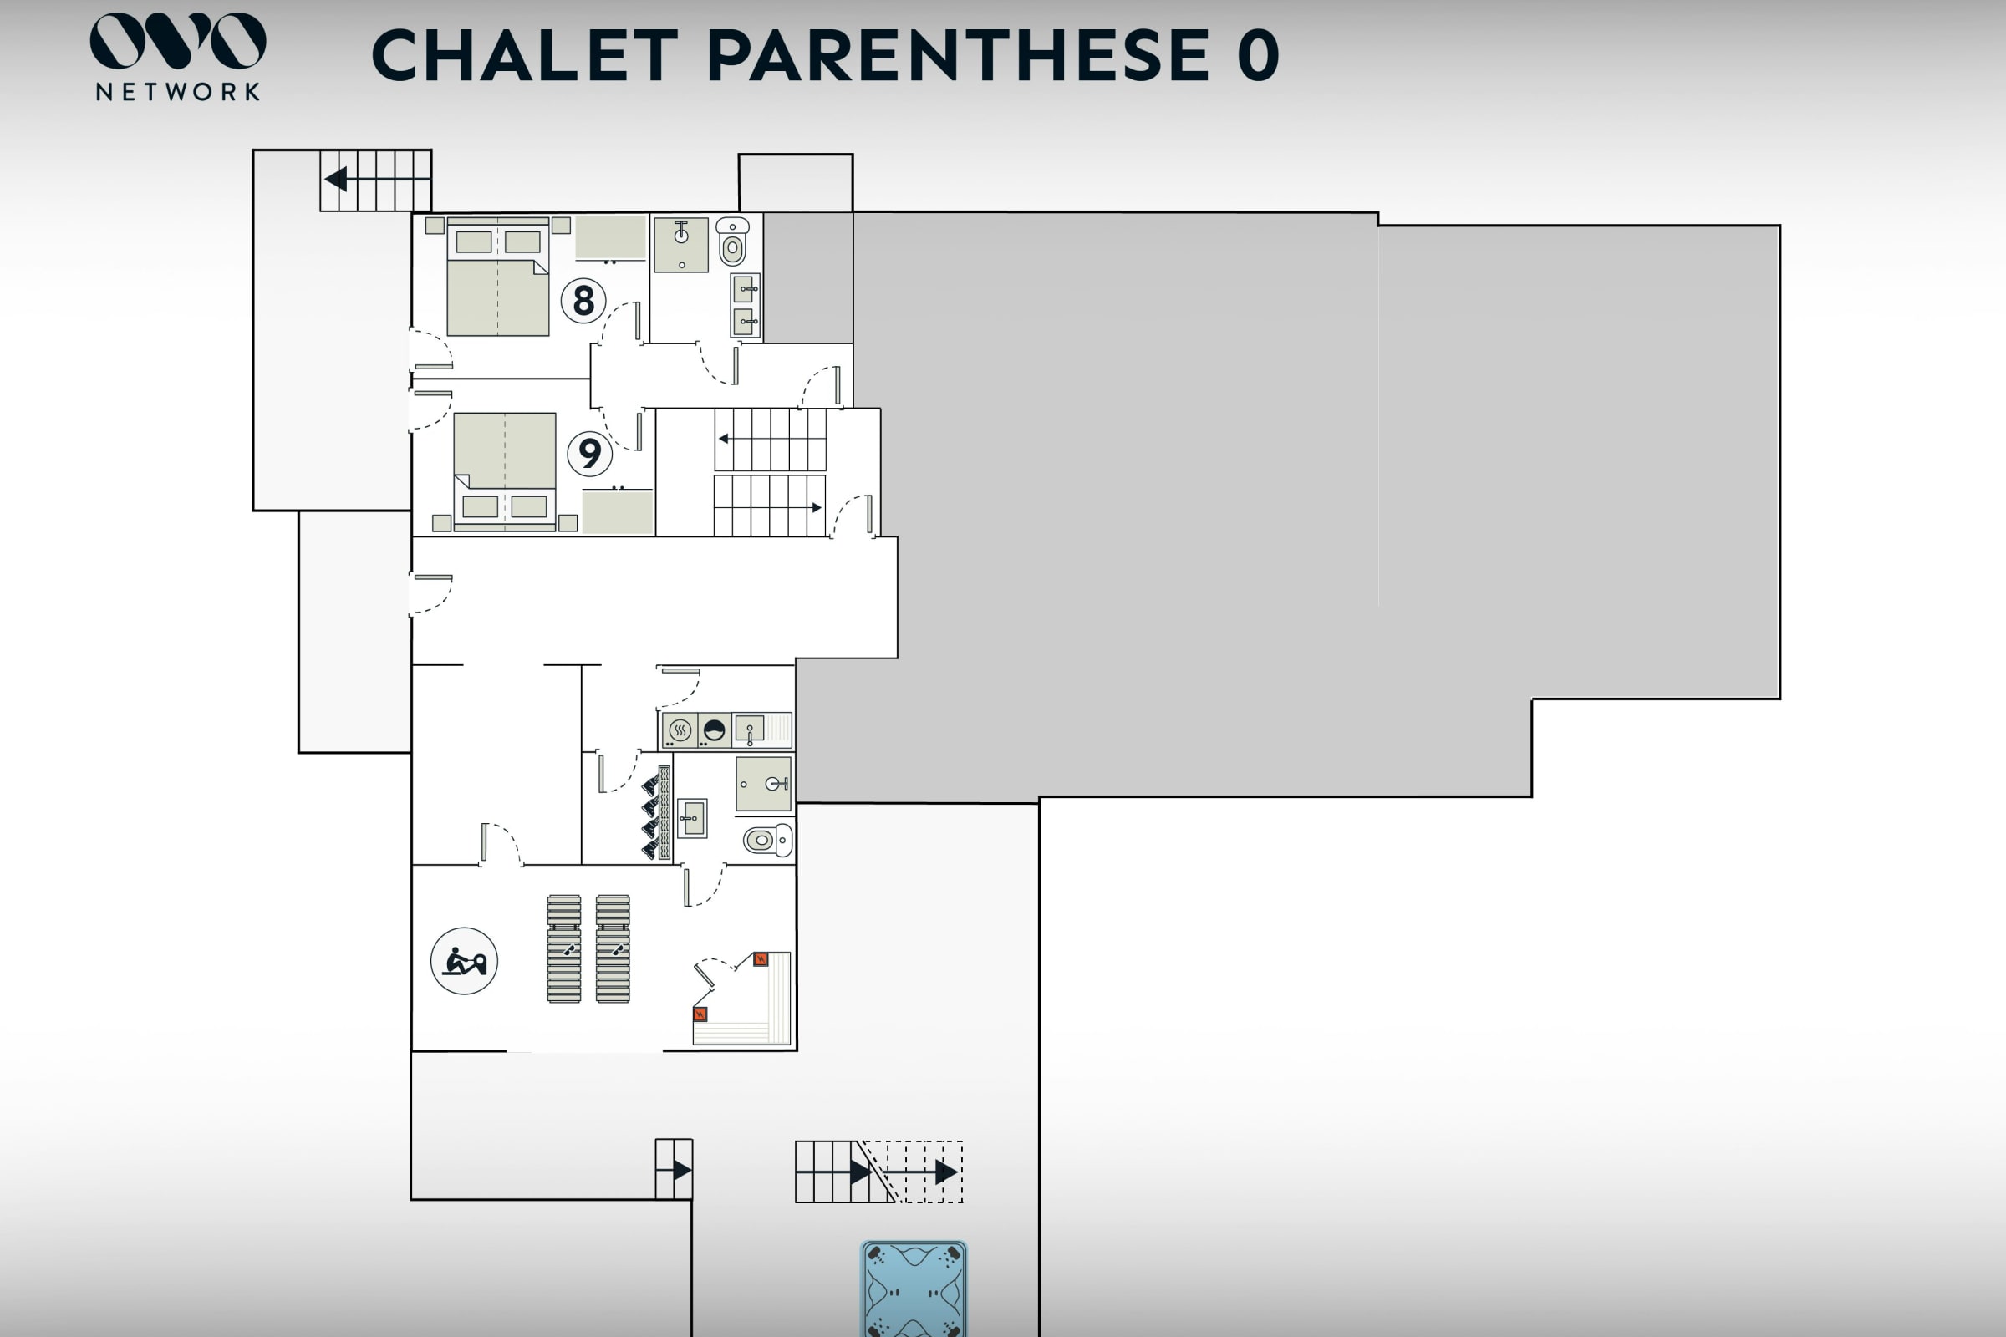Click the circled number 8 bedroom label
point(583,300)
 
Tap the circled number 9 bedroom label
point(589,453)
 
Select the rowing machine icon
point(464,961)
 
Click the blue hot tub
point(914,1289)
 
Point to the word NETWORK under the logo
point(178,92)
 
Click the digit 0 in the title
point(1258,55)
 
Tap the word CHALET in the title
point(525,55)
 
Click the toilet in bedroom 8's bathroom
point(733,241)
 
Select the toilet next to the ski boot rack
point(767,840)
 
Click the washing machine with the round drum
point(714,730)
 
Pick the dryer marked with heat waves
point(680,730)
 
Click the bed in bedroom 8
point(498,277)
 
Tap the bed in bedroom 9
point(505,471)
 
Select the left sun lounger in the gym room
point(563,948)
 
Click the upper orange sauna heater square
point(761,959)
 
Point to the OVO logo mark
point(178,40)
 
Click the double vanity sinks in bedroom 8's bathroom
point(746,305)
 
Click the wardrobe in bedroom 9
point(618,512)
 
